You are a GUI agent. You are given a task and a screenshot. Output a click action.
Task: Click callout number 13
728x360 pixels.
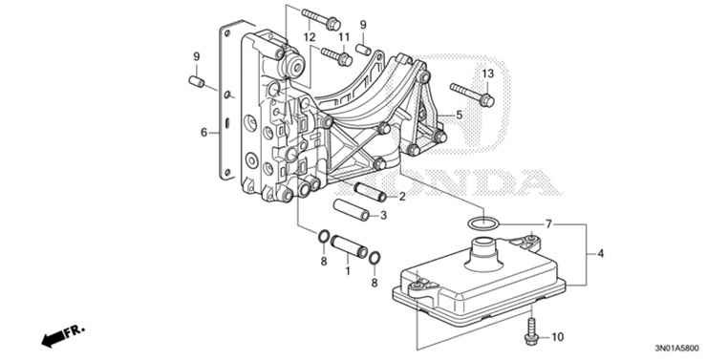point(487,74)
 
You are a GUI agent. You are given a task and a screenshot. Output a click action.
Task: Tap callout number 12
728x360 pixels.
point(310,37)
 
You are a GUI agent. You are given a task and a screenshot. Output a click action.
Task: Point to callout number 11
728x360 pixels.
point(345,37)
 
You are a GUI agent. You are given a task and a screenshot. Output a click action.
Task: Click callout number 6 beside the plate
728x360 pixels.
point(203,133)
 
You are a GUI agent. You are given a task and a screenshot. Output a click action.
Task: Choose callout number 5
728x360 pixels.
point(459,115)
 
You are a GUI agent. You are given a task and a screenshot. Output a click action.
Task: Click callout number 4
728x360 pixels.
point(601,253)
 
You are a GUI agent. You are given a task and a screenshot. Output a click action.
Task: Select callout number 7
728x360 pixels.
point(548,223)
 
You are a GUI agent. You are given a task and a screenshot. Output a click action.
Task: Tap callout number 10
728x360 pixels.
point(558,336)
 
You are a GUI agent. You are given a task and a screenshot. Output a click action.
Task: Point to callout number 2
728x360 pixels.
point(402,197)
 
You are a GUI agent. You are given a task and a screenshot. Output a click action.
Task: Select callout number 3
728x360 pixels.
point(384,216)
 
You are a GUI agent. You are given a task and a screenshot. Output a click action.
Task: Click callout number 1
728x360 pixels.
point(348,270)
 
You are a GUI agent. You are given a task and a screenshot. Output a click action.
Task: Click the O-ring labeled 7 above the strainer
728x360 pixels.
point(483,222)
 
